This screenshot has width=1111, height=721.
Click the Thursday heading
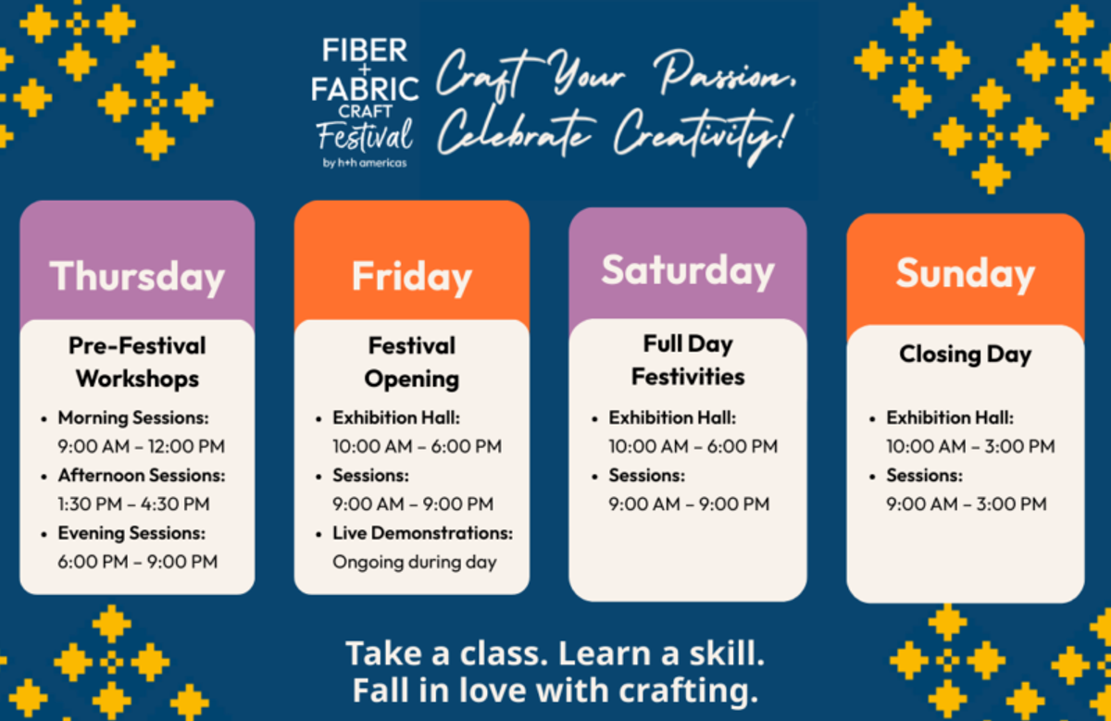coord(137,276)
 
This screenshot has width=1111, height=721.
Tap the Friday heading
coord(412,276)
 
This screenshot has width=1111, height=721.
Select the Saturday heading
coord(688,271)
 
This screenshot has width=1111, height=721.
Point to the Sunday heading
coord(965,274)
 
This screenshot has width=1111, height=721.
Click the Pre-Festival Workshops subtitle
coord(137,362)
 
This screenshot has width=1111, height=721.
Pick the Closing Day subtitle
coord(965,354)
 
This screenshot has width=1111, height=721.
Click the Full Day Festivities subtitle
coord(688,360)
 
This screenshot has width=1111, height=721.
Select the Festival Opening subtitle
coord(412,362)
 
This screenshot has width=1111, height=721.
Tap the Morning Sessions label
coord(133,418)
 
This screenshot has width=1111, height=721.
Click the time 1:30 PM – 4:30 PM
coord(134,503)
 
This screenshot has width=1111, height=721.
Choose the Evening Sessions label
coord(131,533)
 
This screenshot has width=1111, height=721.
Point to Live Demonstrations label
coord(422,533)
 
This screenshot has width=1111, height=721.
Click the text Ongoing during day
coord(415,563)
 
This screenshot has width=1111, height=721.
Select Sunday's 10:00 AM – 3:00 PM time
coord(970,446)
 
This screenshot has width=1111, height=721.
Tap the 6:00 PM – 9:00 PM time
coord(138,562)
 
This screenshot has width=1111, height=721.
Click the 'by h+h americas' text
coord(365,163)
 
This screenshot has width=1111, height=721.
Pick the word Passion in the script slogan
coord(725,73)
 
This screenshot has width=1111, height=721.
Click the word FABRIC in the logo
coord(365,88)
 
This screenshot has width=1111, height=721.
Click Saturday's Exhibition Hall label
coord(672,418)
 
